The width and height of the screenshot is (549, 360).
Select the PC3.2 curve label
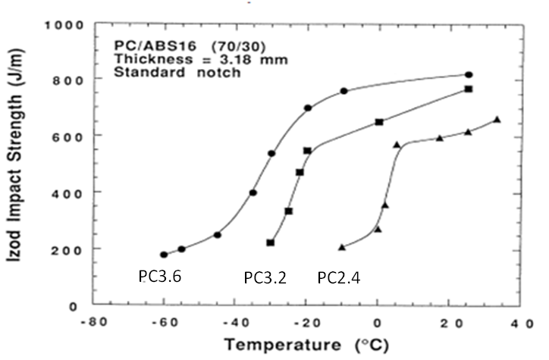tap(265, 278)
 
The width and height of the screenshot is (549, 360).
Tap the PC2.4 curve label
tap(338, 278)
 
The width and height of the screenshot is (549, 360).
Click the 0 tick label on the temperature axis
tap(378, 321)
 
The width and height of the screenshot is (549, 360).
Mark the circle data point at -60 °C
tap(164, 255)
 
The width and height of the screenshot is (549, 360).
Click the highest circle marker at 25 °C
tap(469, 74)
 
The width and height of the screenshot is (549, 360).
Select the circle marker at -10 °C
tap(344, 91)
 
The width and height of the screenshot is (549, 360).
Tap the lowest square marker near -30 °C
tap(271, 243)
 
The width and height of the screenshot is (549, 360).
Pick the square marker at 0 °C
tap(379, 122)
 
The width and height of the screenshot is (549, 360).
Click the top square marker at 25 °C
tap(469, 89)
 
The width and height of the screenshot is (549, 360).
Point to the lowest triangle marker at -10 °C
tap(342, 247)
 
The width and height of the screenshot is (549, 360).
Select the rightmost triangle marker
tap(497, 119)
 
